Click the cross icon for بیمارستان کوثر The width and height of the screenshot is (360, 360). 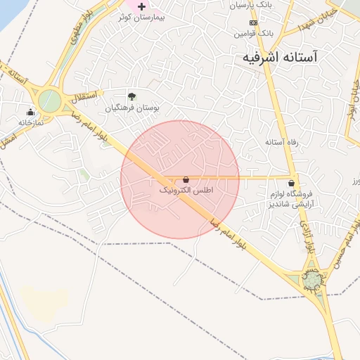[x=141, y=6]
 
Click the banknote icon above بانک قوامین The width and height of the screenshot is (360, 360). [x=254, y=22]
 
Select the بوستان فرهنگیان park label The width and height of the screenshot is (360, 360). [x=134, y=108]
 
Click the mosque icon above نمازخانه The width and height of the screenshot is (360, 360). [x=30, y=112]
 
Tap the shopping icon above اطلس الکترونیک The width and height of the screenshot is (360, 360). [x=186, y=180]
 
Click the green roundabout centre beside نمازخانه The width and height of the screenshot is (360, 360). [x=49, y=101]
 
